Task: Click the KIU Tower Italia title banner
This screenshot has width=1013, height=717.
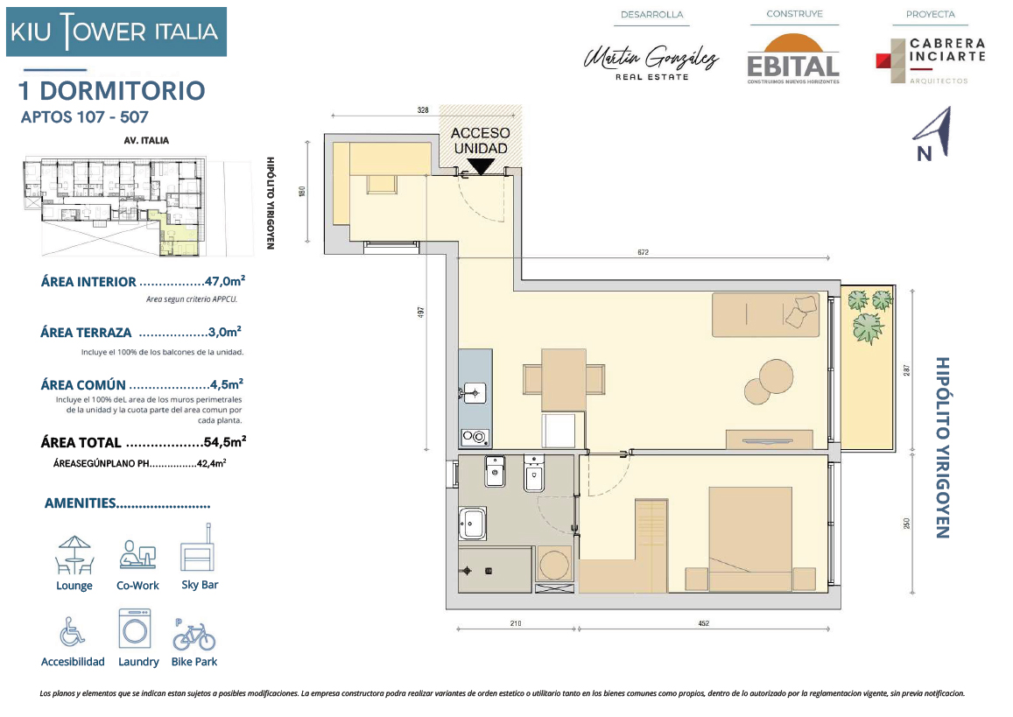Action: (x=116, y=32)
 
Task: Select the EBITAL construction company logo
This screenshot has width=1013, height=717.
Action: (x=793, y=60)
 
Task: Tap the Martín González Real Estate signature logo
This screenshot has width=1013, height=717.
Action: (x=651, y=62)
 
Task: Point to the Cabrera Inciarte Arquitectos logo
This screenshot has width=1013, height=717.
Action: (x=931, y=60)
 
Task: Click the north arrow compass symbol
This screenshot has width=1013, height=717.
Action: (x=933, y=134)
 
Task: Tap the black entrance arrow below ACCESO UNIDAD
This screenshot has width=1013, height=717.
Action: (x=480, y=166)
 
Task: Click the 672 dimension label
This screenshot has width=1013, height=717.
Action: (x=643, y=252)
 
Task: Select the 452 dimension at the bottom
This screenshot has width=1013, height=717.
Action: (x=704, y=623)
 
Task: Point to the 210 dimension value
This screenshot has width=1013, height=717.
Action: (x=516, y=623)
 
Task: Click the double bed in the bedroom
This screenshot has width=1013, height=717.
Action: (x=750, y=538)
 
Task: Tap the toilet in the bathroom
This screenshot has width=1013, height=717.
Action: (x=533, y=474)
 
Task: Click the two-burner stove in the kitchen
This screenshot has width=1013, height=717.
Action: (x=475, y=438)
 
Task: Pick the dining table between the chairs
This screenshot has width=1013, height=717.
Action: (x=563, y=380)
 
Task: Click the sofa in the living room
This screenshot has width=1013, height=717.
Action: (x=765, y=314)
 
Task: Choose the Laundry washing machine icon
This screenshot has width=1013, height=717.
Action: (x=135, y=628)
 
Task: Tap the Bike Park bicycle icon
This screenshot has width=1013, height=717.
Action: (x=193, y=635)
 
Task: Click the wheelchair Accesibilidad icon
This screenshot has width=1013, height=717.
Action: (x=72, y=631)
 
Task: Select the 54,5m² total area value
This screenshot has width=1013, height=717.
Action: (x=225, y=442)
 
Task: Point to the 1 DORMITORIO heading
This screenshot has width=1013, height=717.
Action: (x=112, y=91)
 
